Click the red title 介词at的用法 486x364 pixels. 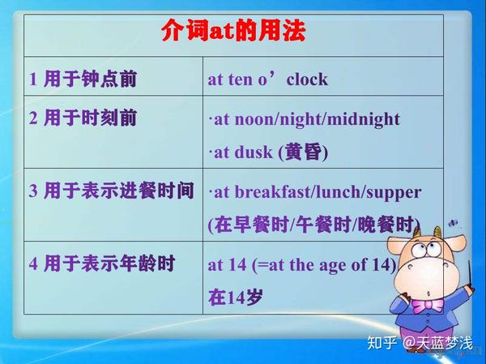pos(233,33)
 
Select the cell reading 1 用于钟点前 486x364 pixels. pos(83,79)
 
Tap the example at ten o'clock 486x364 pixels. pos(268,79)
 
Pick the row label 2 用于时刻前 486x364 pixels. pos(83,118)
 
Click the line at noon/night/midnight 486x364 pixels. pos(305,119)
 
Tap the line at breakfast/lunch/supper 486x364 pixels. pos(315,192)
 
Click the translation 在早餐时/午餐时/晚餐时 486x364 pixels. pos(315,225)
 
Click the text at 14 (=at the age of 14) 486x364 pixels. pos(302,264)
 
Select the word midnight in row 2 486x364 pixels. pos(366,119)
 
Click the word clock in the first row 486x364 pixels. pos(308,79)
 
